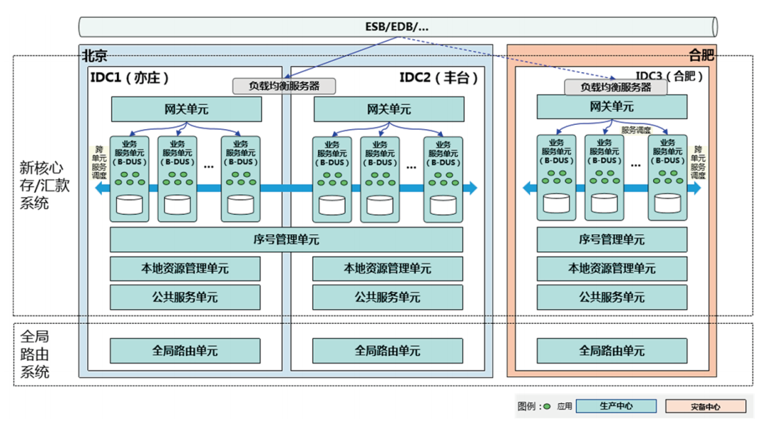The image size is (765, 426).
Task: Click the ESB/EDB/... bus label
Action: click(x=396, y=27)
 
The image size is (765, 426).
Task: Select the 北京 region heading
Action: click(x=96, y=55)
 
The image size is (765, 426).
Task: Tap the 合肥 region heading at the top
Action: click(x=701, y=55)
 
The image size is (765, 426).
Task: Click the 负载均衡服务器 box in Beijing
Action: click(x=283, y=86)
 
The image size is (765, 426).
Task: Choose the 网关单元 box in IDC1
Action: click(x=186, y=110)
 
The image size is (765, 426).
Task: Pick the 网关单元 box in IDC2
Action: click(x=389, y=110)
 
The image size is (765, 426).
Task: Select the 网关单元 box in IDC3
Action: click(x=612, y=107)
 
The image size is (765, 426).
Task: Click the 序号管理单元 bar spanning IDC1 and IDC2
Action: click(x=286, y=240)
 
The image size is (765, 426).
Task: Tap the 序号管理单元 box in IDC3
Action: click(x=612, y=240)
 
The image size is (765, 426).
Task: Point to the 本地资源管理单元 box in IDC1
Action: click(x=185, y=269)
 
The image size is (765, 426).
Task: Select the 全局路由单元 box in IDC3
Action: click(x=612, y=351)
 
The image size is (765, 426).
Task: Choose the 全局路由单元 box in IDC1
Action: click(x=185, y=351)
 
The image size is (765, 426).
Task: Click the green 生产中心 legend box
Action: click(x=616, y=406)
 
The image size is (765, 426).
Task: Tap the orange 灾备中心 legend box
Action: click(x=705, y=407)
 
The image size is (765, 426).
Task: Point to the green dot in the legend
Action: click(x=546, y=407)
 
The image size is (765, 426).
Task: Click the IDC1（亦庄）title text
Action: click(x=130, y=77)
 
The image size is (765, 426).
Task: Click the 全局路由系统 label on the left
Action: click(x=35, y=353)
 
